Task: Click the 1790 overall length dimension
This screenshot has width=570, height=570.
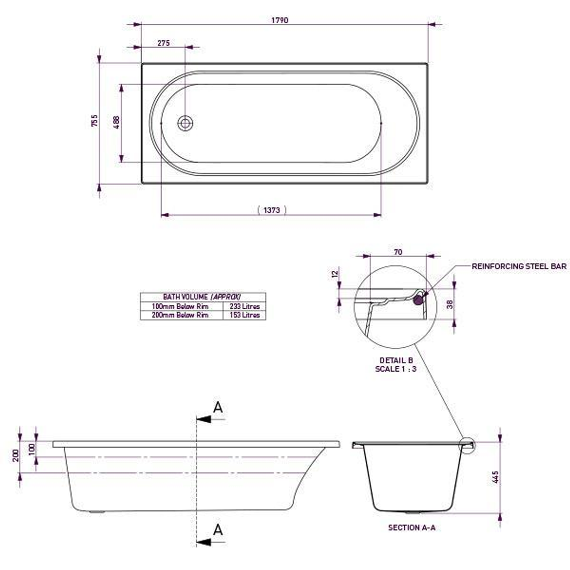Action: point(280,21)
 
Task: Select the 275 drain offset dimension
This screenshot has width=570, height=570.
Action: point(164,43)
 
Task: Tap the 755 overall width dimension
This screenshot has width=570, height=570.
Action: point(95,121)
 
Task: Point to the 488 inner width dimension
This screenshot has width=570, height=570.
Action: point(117,122)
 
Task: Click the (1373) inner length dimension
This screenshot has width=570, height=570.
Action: point(271,210)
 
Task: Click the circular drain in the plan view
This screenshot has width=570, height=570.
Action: point(185,123)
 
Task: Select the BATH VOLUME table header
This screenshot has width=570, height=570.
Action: point(203,297)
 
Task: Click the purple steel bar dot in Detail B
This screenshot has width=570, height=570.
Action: point(419,300)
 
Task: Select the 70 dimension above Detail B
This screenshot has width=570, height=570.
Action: point(398,252)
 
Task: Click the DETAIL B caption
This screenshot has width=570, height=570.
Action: point(396,360)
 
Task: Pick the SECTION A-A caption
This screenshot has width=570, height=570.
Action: point(411,527)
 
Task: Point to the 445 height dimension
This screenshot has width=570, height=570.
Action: point(495,477)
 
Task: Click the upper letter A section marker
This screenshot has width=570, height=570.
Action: point(217,407)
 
